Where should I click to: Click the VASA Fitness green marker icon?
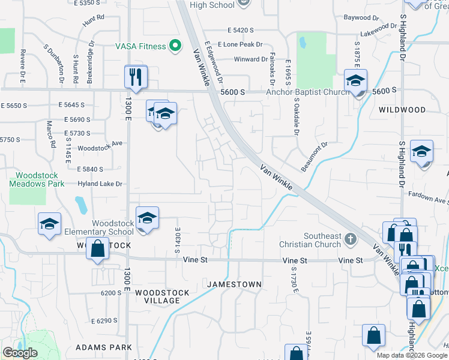[x=175, y=46]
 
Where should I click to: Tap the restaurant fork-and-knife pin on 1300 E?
[x=136, y=77]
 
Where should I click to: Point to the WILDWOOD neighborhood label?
[x=402, y=110]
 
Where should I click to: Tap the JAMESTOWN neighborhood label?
[x=234, y=284]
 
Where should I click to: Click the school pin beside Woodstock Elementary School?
[x=146, y=219]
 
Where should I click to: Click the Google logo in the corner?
[x=20, y=353]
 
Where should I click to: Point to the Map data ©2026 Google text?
[x=412, y=355]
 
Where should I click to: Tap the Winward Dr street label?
[x=250, y=59]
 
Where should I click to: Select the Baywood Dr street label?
[x=357, y=17]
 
